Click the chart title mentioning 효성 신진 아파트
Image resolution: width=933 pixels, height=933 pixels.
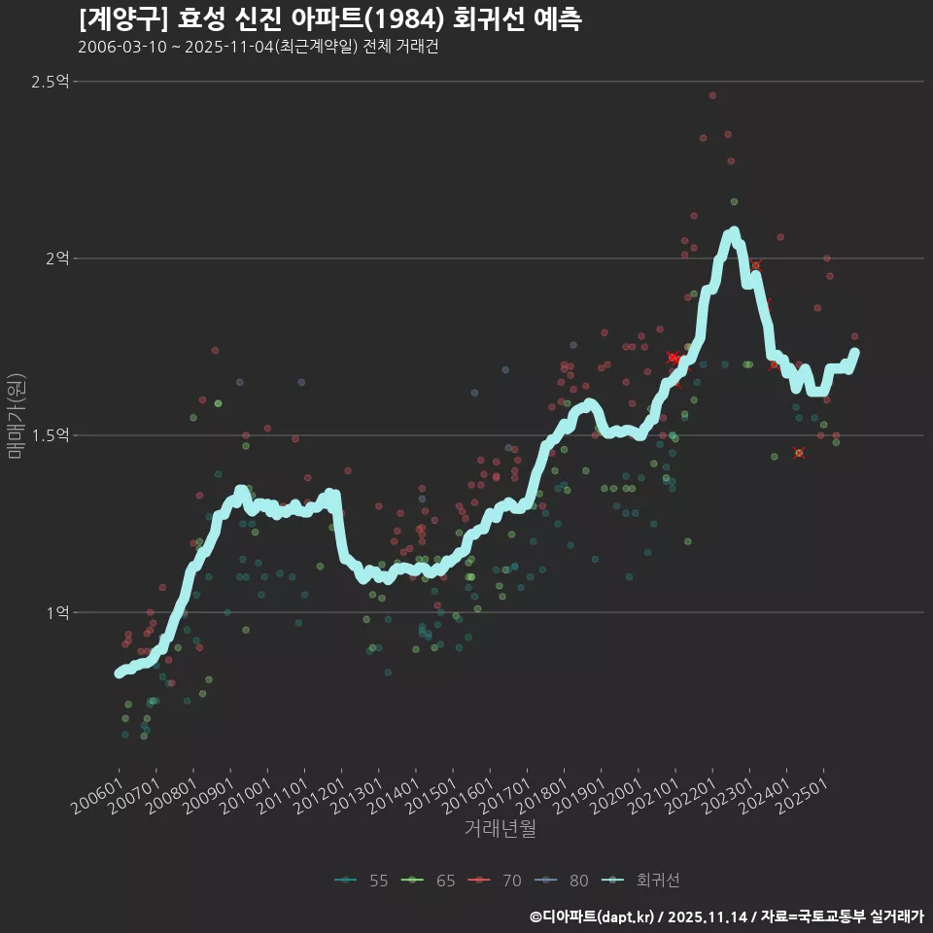(330, 18)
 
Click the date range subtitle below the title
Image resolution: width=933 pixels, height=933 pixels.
(258, 48)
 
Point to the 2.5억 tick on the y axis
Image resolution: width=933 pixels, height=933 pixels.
(50, 82)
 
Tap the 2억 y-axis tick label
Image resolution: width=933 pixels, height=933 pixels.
(56, 259)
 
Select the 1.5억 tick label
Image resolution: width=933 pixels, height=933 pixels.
(50, 435)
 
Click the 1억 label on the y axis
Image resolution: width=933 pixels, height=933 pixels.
(56, 612)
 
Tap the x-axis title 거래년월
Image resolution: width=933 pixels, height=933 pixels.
(501, 828)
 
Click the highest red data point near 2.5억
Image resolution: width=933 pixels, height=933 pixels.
(712, 95)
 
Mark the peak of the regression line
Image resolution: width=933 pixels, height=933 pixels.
(733, 232)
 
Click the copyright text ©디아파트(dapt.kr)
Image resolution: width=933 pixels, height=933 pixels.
(594, 916)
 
